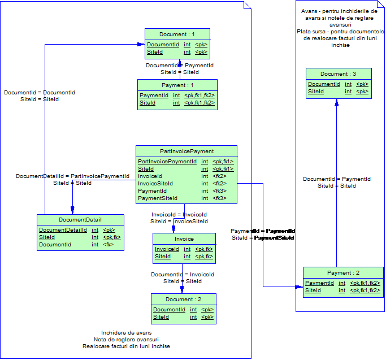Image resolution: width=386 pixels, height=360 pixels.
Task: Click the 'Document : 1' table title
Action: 177,34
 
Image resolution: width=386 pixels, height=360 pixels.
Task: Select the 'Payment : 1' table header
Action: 177,85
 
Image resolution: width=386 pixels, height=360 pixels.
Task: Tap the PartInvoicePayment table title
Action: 187,151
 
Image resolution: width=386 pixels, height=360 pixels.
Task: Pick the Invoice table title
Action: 184,239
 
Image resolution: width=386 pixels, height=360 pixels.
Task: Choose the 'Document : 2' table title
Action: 183,300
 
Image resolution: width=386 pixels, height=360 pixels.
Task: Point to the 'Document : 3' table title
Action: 339,74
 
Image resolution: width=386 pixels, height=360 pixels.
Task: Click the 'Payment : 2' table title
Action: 343,273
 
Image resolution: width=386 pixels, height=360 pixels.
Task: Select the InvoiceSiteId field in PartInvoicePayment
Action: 155,184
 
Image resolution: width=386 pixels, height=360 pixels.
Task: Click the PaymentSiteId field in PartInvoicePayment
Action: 158,198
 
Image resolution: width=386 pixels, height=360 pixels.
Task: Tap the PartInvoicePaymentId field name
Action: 167,162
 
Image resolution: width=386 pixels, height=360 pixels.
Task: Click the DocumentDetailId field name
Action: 63,230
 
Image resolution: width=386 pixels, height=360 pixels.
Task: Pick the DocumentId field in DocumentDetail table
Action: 55,245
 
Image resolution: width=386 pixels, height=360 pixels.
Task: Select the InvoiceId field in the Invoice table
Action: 167,249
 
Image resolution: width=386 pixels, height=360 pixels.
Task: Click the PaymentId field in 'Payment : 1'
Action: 154,96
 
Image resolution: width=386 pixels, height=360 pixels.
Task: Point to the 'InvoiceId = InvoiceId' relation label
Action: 179,215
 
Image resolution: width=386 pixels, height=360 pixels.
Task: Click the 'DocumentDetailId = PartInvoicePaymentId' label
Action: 72,176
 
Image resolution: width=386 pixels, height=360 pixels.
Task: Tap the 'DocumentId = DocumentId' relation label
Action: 40,92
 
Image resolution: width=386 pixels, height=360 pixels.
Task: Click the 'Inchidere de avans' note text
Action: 126,332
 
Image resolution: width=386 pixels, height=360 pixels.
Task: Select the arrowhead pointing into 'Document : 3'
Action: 337,103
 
